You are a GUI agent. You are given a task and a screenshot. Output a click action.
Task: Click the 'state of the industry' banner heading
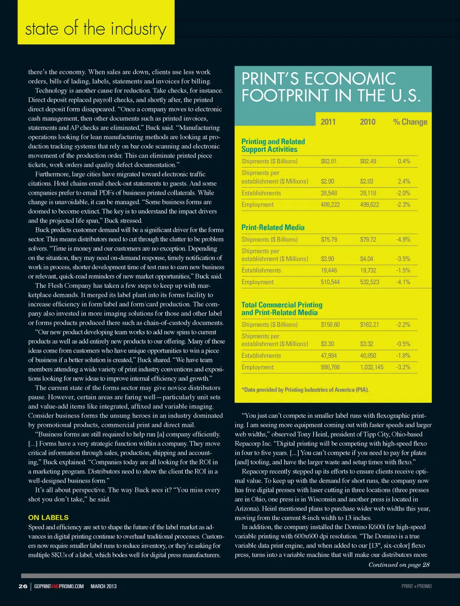[95, 29]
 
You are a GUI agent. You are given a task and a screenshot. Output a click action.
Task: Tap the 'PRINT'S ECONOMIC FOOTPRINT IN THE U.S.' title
[331, 87]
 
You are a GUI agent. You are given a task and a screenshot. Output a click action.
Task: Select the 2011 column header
[328, 122]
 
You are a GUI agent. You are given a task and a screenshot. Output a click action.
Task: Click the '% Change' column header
[410, 122]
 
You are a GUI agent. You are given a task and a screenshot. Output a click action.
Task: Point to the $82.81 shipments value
[329, 161]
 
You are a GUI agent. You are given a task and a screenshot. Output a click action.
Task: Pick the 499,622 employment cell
[369, 205]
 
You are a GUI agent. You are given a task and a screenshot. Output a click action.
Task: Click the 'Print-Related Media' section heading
[273, 228]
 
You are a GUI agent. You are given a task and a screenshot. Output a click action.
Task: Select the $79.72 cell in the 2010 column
[368, 240]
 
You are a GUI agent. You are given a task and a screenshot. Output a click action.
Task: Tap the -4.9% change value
[403, 240]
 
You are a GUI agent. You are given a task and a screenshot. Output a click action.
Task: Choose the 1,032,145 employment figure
[372, 367]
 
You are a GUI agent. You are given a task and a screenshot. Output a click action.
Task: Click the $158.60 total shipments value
[330, 325]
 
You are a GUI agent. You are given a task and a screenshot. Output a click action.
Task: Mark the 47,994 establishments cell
[329, 356]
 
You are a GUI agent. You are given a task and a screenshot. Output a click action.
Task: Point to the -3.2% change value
[403, 367]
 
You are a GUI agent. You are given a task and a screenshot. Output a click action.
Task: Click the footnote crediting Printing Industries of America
[305, 390]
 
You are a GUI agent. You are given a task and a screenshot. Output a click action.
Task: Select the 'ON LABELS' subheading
[48, 517]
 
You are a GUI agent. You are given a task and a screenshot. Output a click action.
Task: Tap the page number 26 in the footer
[23, 586]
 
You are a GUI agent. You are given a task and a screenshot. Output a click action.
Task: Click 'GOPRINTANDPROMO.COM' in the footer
[59, 586]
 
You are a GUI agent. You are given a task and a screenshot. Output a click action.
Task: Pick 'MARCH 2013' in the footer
[103, 586]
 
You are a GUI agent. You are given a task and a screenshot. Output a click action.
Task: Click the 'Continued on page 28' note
[399, 565]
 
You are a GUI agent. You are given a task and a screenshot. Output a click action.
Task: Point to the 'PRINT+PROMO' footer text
[416, 586]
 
